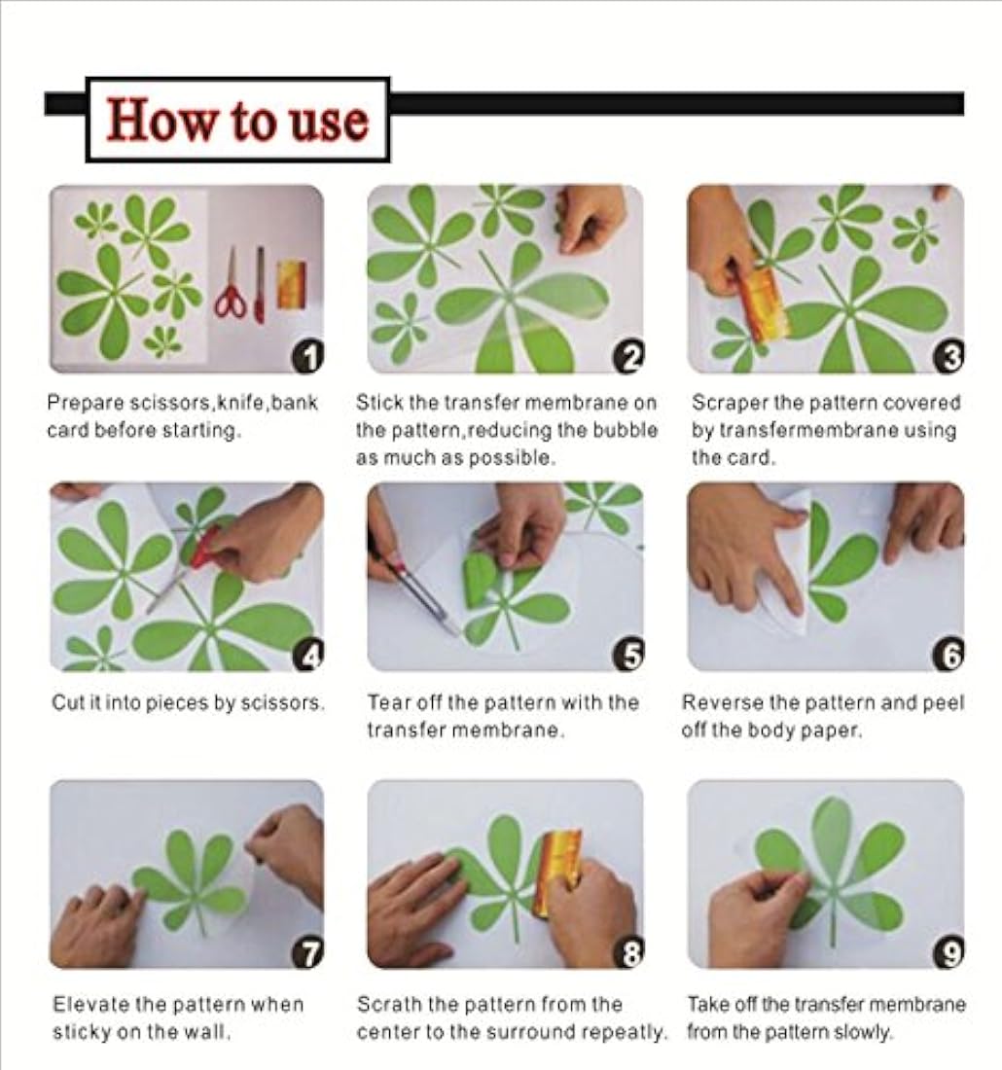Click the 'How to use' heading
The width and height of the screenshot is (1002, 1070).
237,120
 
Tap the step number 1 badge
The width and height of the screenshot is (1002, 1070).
307,360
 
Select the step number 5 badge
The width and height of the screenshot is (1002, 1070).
627,658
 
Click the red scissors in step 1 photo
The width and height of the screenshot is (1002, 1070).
232,286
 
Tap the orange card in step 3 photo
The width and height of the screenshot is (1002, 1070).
761,303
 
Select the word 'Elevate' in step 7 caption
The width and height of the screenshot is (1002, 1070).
86,1004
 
